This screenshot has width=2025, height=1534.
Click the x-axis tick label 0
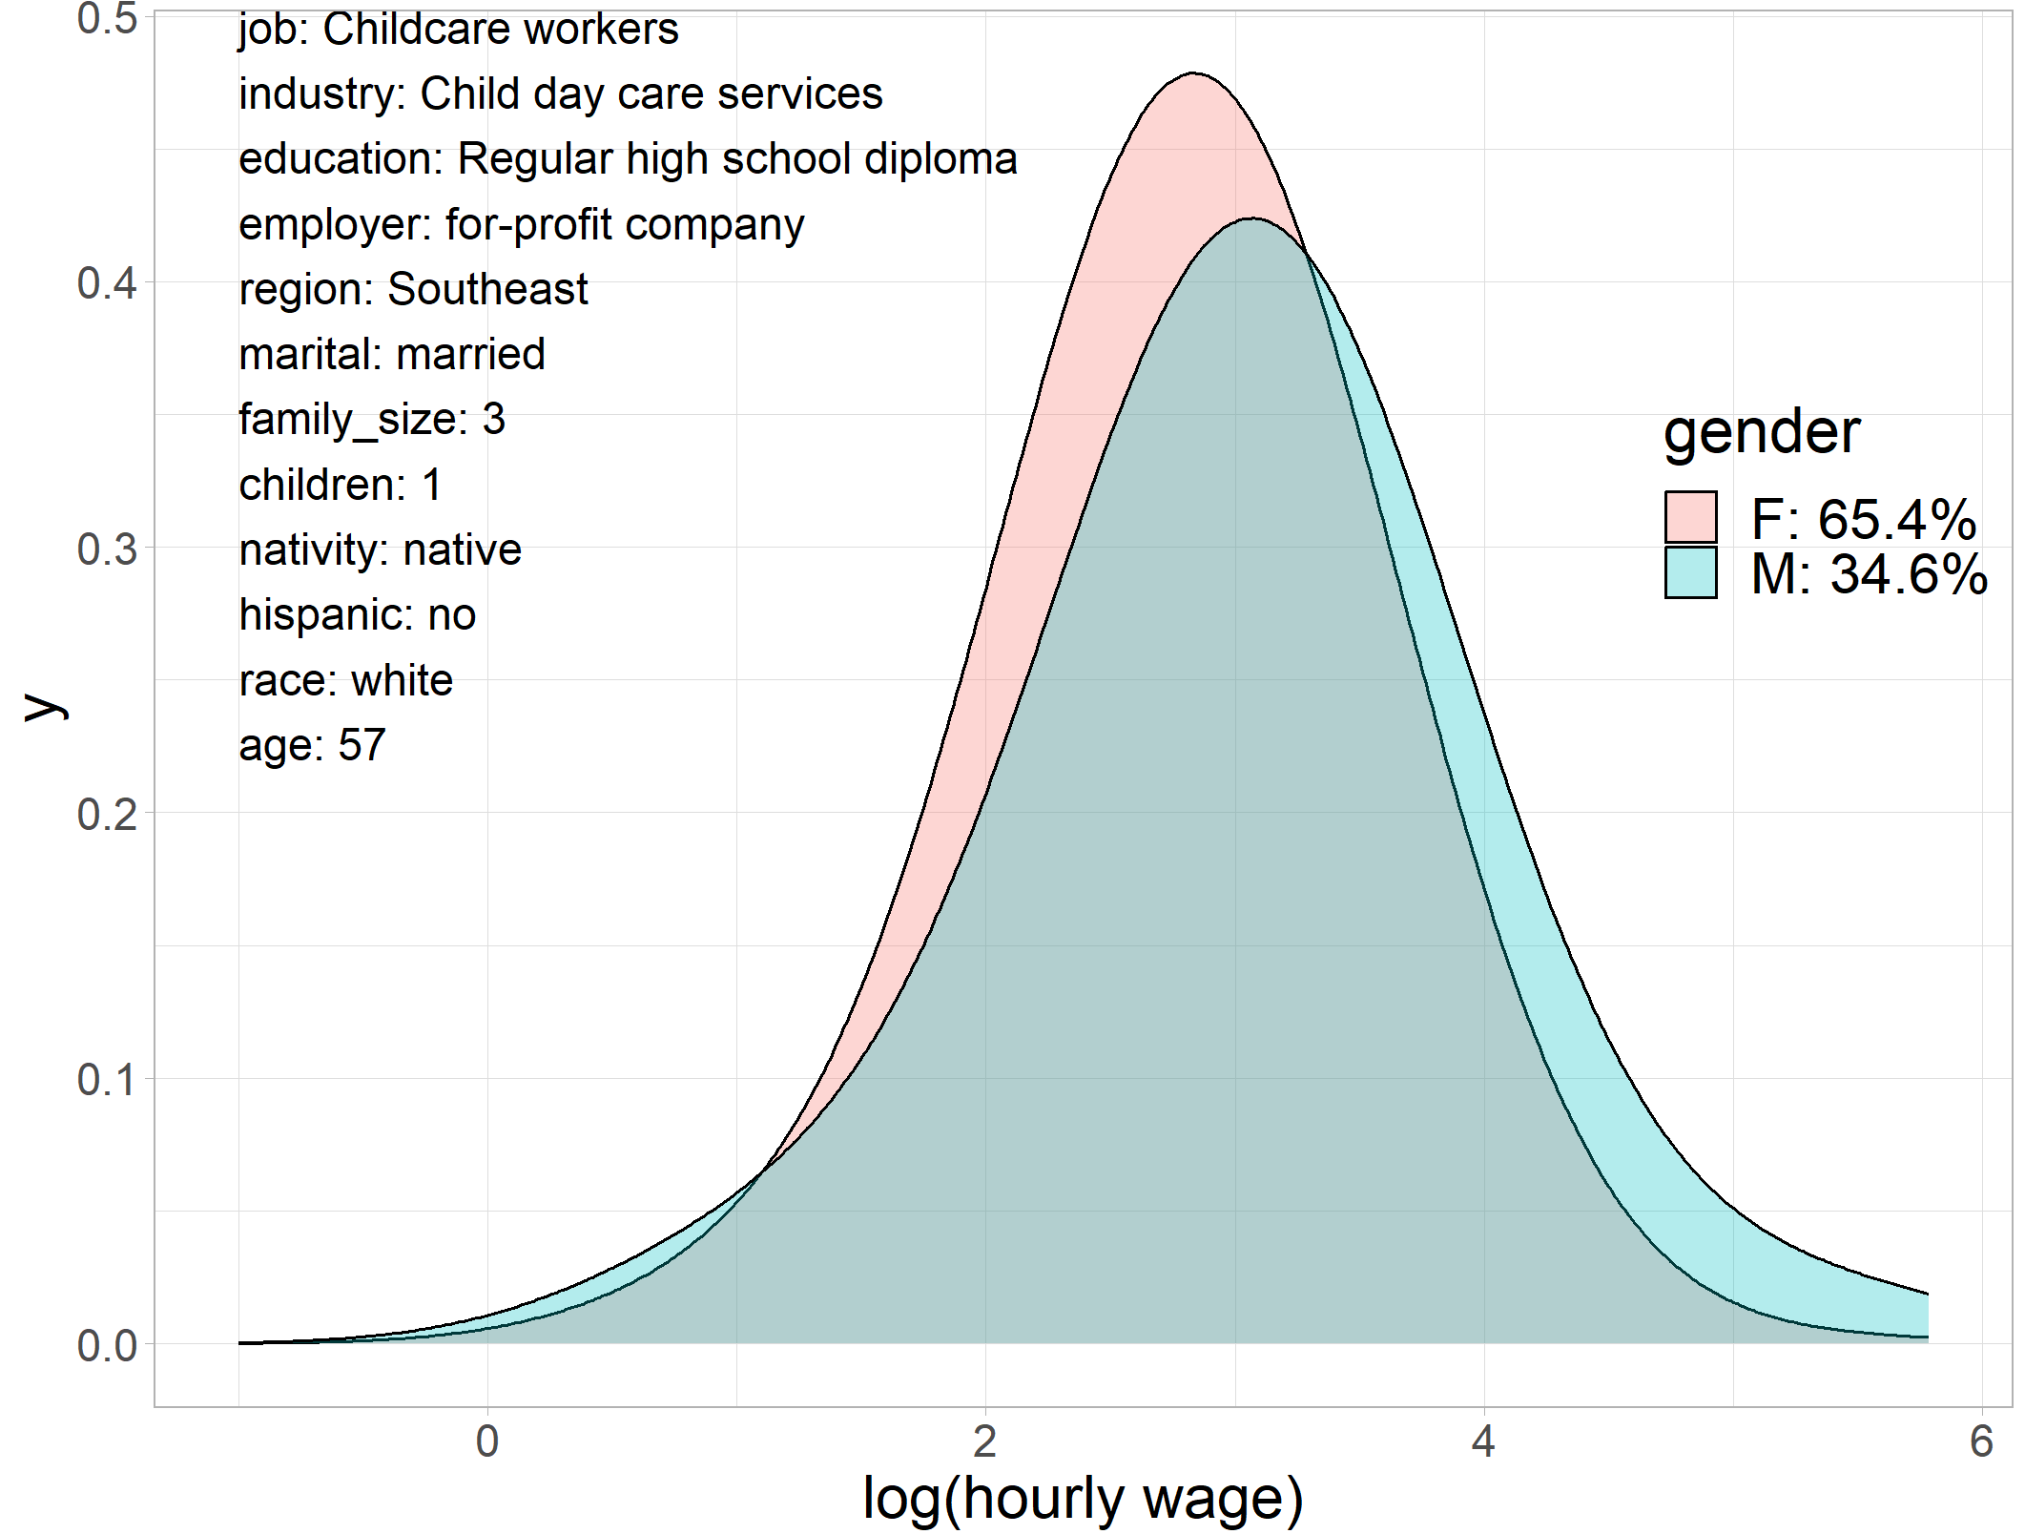(x=487, y=1441)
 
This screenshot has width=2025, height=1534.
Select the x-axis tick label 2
(x=985, y=1441)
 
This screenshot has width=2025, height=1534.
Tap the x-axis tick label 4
(x=1483, y=1441)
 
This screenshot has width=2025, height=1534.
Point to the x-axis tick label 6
(x=1981, y=1441)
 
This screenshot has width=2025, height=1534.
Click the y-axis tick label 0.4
(x=107, y=283)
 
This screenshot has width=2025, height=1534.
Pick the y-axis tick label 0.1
(x=107, y=1080)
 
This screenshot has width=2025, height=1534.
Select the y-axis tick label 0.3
(x=107, y=549)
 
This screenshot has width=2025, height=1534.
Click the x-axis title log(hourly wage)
(x=1083, y=1498)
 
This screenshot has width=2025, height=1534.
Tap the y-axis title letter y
(x=44, y=706)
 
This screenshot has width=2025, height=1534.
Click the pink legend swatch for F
(x=1690, y=517)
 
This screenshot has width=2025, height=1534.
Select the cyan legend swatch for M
(x=1690, y=572)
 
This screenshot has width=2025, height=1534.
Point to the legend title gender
(x=1761, y=431)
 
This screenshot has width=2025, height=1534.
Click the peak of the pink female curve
(x=1193, y=73)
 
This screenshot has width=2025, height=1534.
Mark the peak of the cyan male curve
(x=1251, y=219)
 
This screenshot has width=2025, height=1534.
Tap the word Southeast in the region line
(x=487, y=289)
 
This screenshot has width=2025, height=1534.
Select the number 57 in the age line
(x=362, y=745)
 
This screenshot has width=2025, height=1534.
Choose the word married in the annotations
(x=471, y=354)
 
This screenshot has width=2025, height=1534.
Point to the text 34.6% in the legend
(x=1909, y=574)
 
